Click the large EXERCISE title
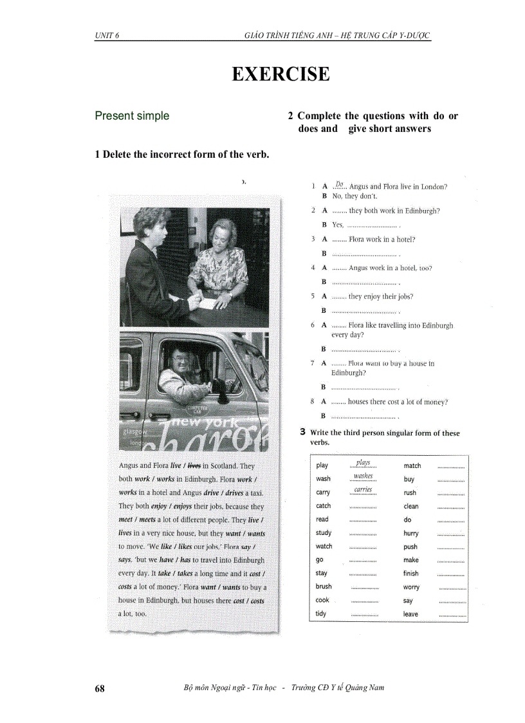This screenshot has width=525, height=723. pos(281,74)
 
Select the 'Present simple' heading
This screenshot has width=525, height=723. pos(132,116)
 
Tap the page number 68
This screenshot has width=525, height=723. pos(100,688)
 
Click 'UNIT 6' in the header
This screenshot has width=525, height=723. pos(107,35)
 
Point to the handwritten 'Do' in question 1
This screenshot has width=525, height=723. pos(340,184)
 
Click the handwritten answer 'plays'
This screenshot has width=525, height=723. pos(364,463)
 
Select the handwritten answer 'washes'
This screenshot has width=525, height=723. pos(364,476)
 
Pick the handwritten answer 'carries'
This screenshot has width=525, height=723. pos(364,490)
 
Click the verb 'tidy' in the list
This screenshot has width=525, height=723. pos(321,614)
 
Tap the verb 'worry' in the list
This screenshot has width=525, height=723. pos(411,587)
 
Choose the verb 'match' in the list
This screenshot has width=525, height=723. pos(412,465)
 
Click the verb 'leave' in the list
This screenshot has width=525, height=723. pos(410,614)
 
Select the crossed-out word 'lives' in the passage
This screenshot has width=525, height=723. pos(194,465)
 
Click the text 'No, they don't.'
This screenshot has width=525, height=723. pos(355,196)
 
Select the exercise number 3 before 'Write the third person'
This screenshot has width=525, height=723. pos(302,433)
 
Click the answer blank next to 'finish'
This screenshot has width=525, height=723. pos(450,574)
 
